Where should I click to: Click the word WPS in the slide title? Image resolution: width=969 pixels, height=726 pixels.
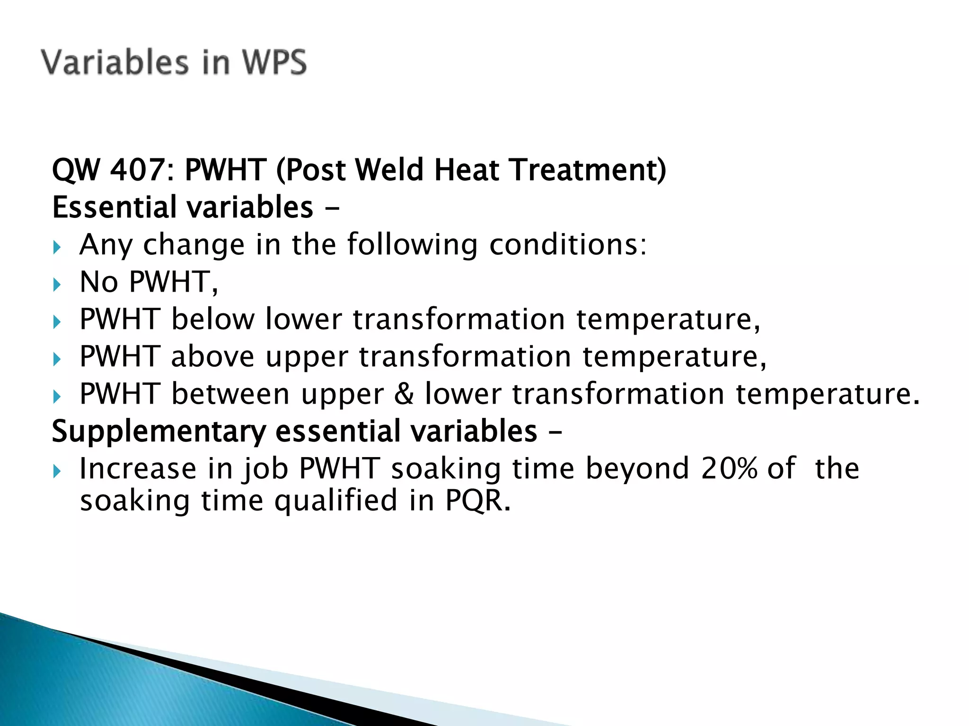(x=274, y=62)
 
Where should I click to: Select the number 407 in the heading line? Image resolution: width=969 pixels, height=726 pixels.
(x=137, y=170)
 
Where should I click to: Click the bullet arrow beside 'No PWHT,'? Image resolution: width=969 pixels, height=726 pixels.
(x=57, y=285)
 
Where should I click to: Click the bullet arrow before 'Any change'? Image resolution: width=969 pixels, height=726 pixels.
(x=57, y=247)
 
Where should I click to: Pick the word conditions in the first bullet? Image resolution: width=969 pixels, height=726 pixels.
(x=567, y=245)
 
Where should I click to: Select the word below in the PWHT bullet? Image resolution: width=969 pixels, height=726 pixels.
(x=212, y=319)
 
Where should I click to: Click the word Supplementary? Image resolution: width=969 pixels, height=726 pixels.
(x=159, y=432)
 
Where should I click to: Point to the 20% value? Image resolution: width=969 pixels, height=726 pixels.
(x=729, y=468)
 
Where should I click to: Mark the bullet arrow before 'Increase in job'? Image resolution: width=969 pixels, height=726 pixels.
(x=57, y=471)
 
